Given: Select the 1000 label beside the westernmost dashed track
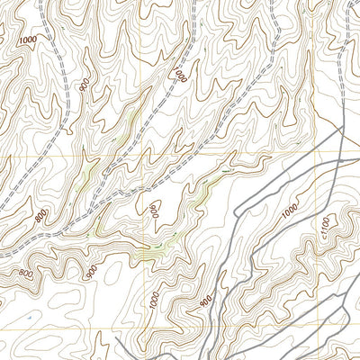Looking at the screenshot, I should pyautogui.click(x=28, y=41).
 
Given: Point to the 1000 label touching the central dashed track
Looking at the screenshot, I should pyautogui.click(x=183, y=74).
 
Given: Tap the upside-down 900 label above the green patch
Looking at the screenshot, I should pyautogui.click(x=155, y=211).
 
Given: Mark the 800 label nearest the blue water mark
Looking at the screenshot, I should pyautogui.click(x=25, y=274).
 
